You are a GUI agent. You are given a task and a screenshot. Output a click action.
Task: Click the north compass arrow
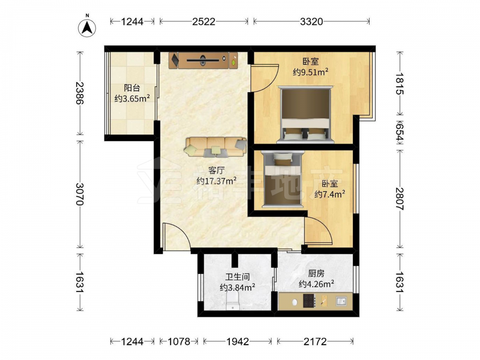click(x=87, y=28)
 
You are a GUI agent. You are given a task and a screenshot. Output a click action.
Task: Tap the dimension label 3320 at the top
click(x=312, y=22)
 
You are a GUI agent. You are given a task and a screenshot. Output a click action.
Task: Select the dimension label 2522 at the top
click(x=204, y=22)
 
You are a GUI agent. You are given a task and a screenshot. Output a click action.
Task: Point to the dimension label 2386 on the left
click(x=80, y=93)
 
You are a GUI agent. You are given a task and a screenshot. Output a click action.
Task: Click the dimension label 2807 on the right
click(x=400, y=199)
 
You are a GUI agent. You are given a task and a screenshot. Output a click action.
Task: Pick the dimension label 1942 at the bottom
click(x=238, y=341)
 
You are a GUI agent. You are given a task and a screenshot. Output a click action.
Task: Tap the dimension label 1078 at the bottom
click(x=179, y=341)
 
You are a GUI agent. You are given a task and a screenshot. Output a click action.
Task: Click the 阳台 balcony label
click(x=132, y=88)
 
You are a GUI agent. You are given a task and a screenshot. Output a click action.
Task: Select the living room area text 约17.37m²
click(x=216, y=180)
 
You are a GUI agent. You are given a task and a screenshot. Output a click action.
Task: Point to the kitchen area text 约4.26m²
click(x=316, y=284)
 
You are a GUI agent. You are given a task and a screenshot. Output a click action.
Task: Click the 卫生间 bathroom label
click(x=238, y=277)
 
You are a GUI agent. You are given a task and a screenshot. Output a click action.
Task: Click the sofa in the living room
click(x=216, y=147)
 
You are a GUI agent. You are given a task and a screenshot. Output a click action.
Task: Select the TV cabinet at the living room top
click(x=203, y=60)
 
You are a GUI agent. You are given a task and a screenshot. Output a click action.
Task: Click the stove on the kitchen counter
click(x=309, y=300)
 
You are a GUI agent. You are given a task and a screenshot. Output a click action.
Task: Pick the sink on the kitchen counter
click(x=341, y=301)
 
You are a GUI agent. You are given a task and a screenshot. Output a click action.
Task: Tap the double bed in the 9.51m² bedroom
click(x=305, y=115)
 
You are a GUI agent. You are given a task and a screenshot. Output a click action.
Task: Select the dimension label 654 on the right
click(x=400, y=132)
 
